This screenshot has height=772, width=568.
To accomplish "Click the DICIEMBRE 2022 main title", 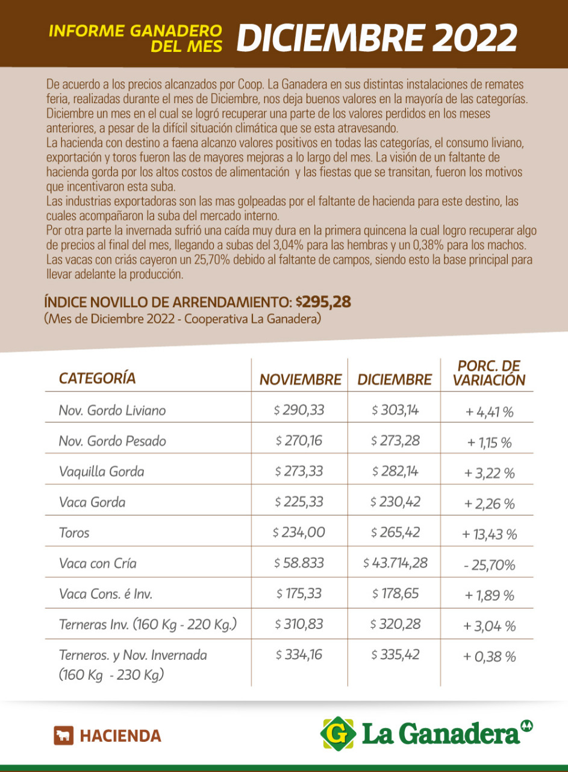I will (x=376, y=37).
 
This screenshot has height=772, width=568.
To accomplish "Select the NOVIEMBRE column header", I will (x=300, y=380).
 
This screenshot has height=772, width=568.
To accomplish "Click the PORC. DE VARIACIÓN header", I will (x=488, y=373).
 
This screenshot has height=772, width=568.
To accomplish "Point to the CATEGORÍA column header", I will (x=97, y=378).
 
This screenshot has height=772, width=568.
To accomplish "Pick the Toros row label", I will (x=74, y=533).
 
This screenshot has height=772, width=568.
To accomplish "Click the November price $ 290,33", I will (x=299, y=410).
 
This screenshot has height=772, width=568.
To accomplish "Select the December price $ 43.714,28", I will (x=395, y=563).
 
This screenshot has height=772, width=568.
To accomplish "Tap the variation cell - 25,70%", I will (x=489, y=565).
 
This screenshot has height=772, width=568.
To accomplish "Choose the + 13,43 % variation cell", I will (x=489, y=534).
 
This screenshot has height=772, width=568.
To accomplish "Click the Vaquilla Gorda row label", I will (x=101, y=472).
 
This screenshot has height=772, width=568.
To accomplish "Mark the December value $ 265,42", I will (x=395, y=533).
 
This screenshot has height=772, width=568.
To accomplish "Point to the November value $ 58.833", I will (x=299, y=563).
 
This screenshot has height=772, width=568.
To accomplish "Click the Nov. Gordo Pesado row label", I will (x=112, y=441).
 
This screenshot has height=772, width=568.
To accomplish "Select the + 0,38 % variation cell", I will (x=489, y=657).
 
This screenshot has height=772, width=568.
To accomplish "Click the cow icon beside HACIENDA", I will (x=63, y=736).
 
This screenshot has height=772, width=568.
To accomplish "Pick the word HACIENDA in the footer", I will (x=120, y=736).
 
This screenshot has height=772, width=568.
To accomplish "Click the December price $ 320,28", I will (x=395, y=625).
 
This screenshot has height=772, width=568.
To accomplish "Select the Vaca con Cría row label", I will (x=98, y=563).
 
